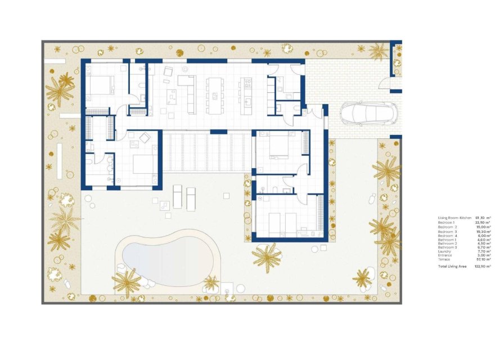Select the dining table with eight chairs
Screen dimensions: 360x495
tap(215, 95)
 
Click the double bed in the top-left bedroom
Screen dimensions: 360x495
tap(101, 85)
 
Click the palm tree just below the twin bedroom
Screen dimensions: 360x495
tap(267, 258)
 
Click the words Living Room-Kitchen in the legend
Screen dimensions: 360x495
tap(454, 218)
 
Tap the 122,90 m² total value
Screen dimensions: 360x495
tap(483, 266)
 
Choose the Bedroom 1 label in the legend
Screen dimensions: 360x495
tap(445, 222)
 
